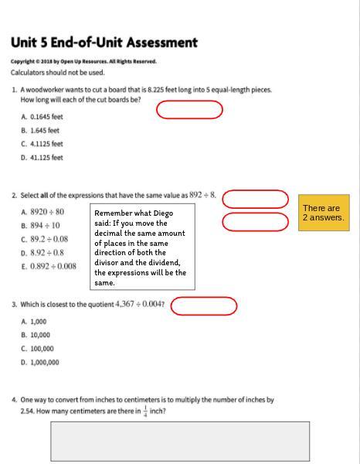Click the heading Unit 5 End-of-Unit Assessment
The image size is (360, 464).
click(104, 43)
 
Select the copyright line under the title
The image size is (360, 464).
click(83, 61)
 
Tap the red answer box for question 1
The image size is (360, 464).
click(189, 110)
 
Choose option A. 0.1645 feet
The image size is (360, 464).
click(42, 117)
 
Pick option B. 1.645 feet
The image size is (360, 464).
click(40, 130)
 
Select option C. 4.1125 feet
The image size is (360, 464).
click(42, 144)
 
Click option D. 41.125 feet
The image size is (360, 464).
click(42, 158)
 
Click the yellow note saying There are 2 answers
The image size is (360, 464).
click(324, 213)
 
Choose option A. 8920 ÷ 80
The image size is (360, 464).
click(42, 211)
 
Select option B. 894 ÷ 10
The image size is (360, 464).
click(40, 225)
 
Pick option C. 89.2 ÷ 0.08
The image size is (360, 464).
click(44, 239)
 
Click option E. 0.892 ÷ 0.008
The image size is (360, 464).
click(48, 266)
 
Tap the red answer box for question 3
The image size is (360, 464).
click(203, 306)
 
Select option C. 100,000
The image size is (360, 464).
click(37, 348)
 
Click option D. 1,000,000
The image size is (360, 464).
click(39, 362)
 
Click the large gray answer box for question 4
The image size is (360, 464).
click(180, 441)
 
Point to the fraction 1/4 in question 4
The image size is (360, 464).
click(144, 411)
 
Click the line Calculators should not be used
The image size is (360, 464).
click(57, 73)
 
